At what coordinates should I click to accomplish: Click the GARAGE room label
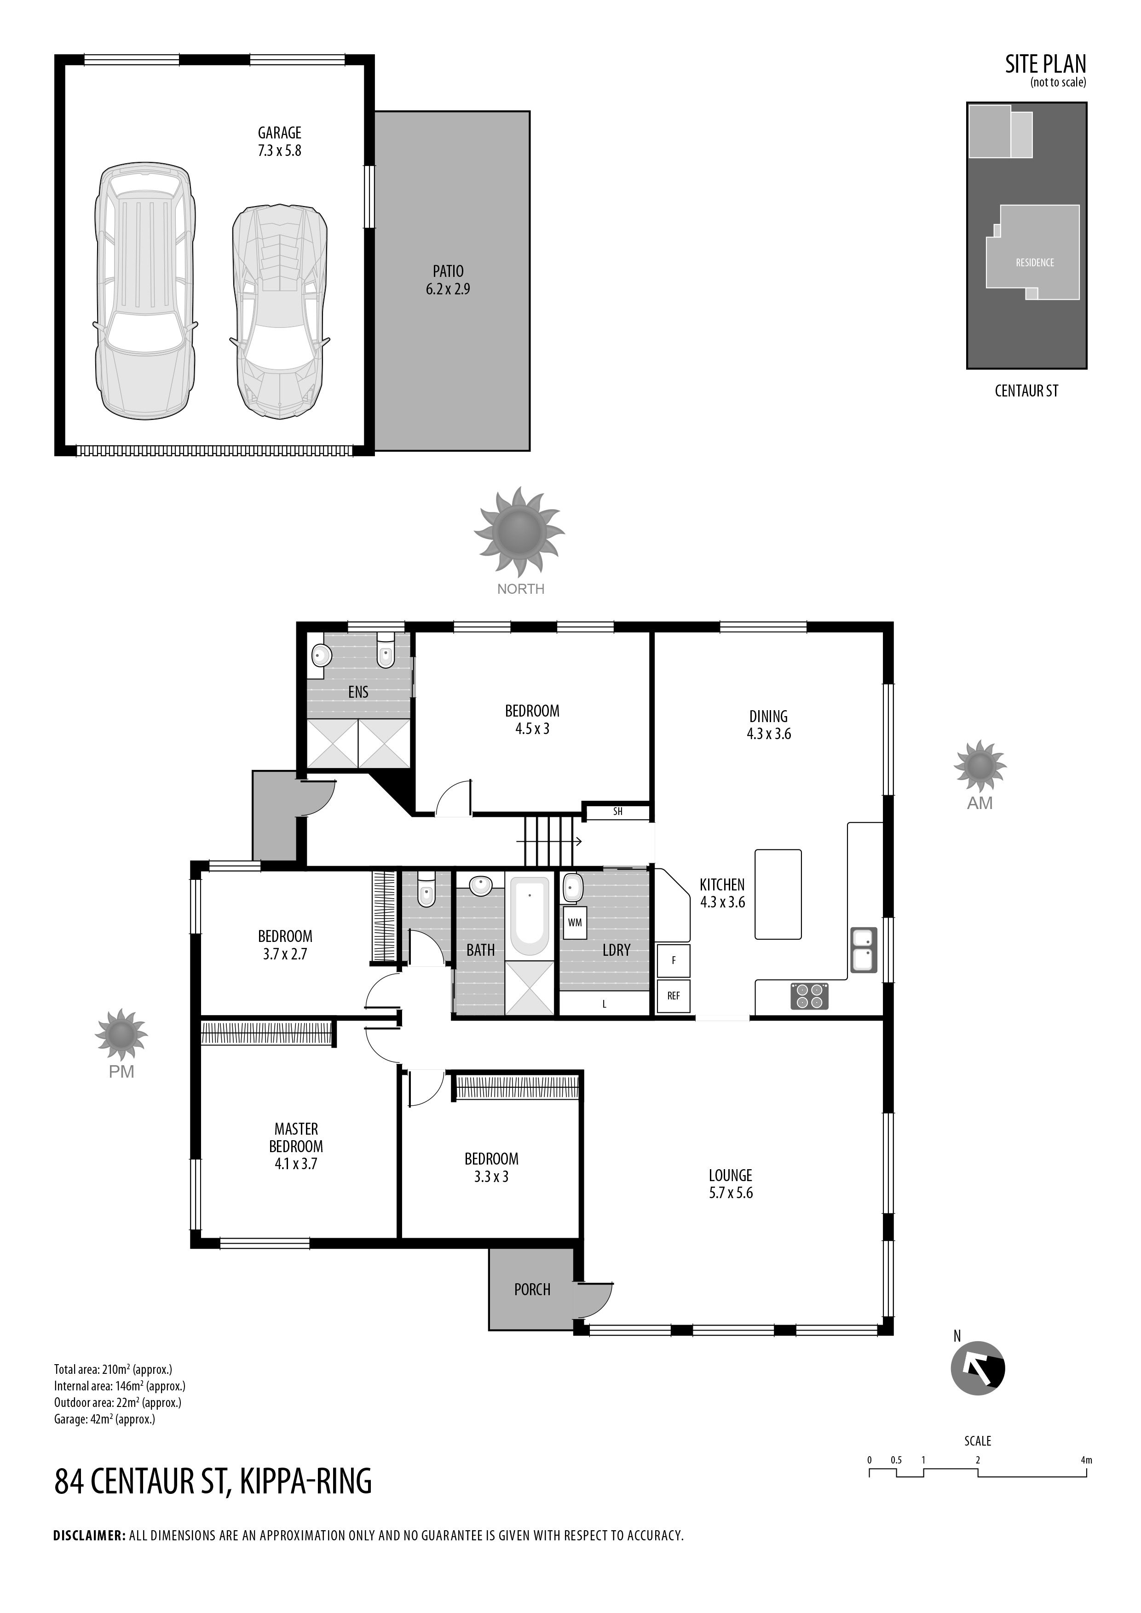click(x=280, y=133)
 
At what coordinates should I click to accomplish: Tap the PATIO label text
click(x=448, y=271)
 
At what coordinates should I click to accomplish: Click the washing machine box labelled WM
click(x=575, y=923)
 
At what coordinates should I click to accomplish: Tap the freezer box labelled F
click(x=673, y=960)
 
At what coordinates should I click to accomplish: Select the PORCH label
click(x=532, y=1289)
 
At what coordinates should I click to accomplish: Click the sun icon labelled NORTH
click(x=519, y=531)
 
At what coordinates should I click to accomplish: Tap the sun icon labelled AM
click(x=980, y=766)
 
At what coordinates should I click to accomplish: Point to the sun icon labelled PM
click(x=121, y=1035)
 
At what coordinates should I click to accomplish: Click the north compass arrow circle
click(x=978, y=1368)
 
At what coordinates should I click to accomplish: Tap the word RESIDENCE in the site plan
click(x=1035, y=263)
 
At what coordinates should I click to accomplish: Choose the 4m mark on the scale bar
click(x=1086, y=1460)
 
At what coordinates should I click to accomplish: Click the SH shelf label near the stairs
click(x=617, y=811)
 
